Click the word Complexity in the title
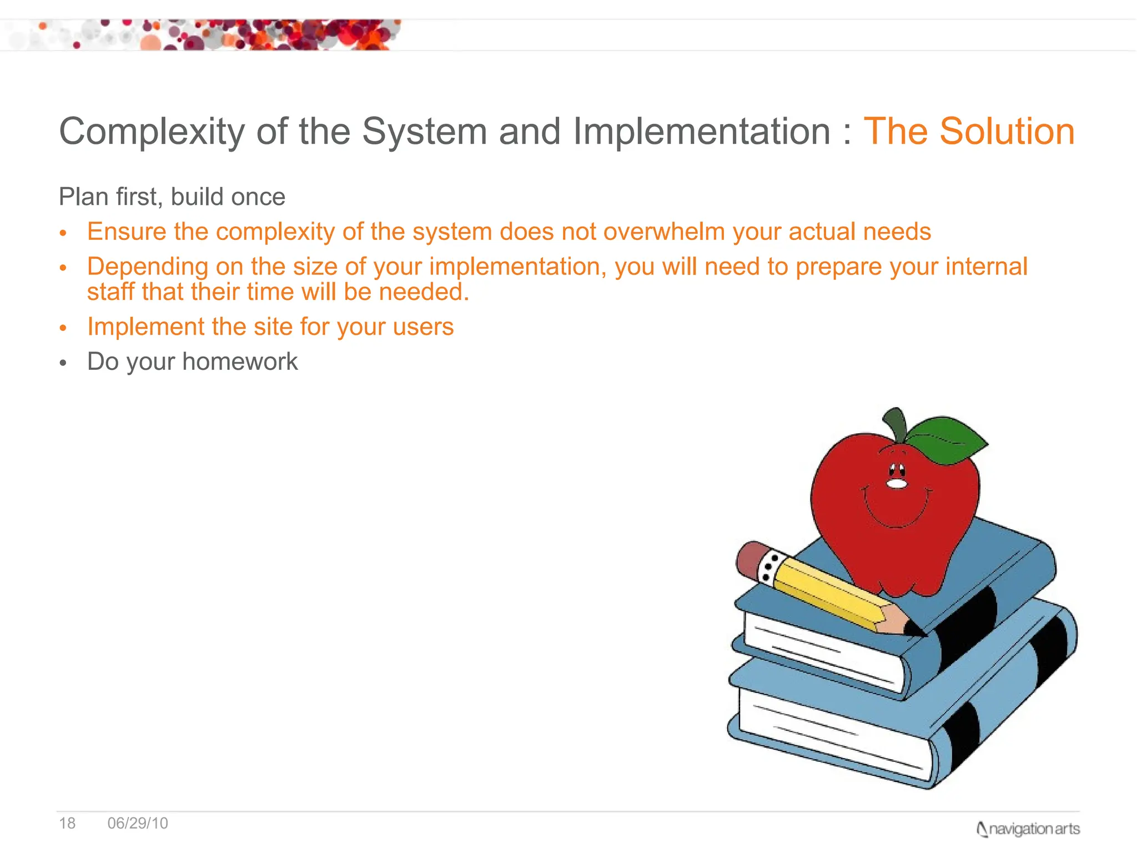coord(152,132)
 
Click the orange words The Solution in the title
coord(968,132)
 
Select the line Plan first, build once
coord(172,197)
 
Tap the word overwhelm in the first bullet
coord(664,232)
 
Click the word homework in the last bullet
coord(240,362)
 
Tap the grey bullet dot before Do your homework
coord(63,363)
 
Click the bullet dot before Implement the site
coord(63,328)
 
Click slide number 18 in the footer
coord(67,823)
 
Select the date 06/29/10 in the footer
coord(138,823)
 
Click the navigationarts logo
coord(1028,829)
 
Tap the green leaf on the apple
coord(946,439)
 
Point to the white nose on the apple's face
coord(896,484)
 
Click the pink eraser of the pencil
coord(749,558)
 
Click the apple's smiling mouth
coord(895,519)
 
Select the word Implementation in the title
coord(702,132)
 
